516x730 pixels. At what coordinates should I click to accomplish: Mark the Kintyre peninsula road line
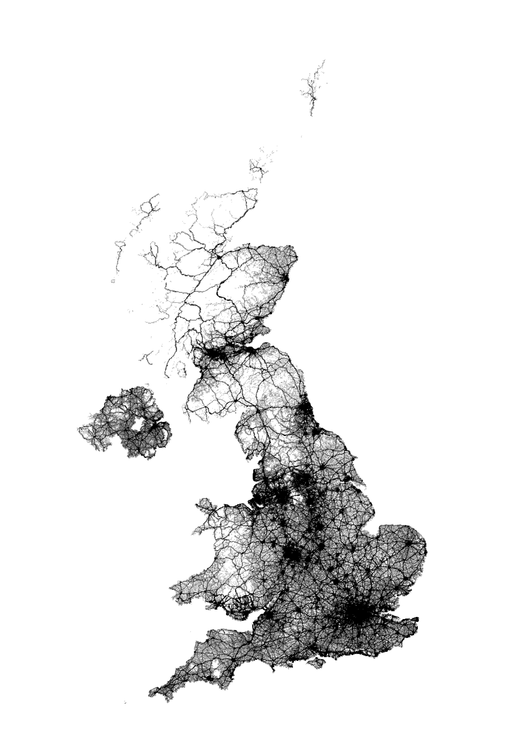(x=168, y=366)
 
